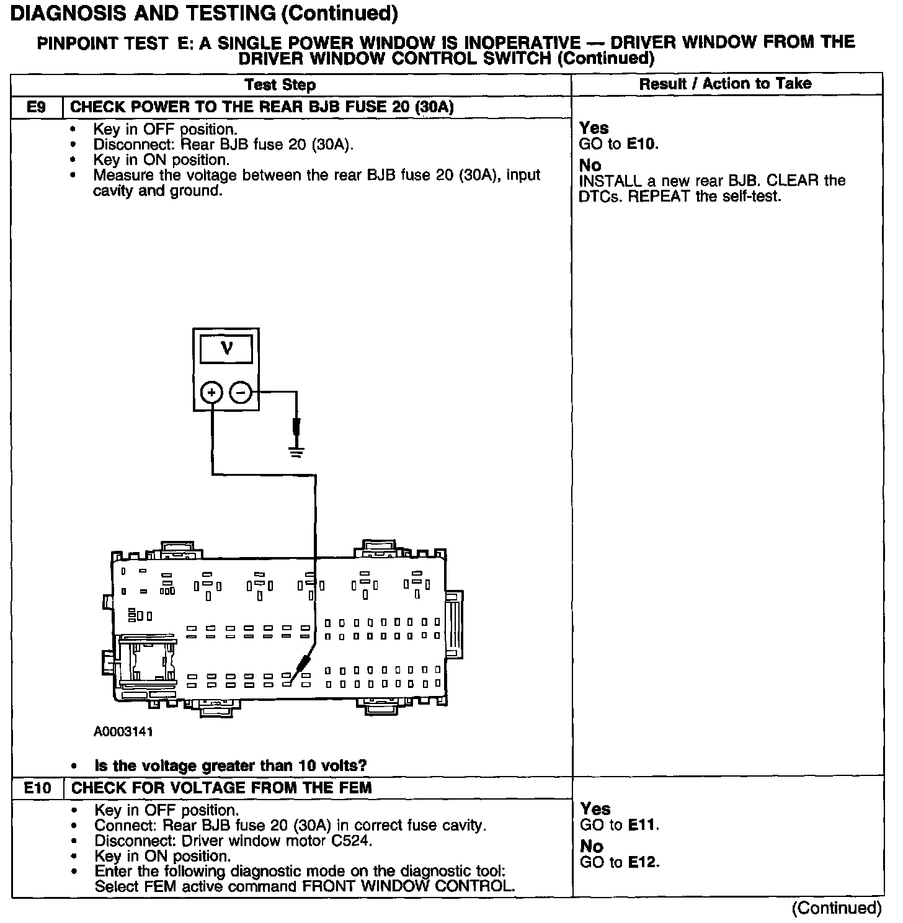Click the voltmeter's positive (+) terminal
[x=212, y=392]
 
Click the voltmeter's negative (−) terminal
[x=241, y=392]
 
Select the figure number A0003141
[x=123, y=731]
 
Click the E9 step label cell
[x=36, y=107]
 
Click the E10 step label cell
[x=37, y=788]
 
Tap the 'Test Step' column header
[x=280, y=85]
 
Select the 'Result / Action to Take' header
[x=725, y=84]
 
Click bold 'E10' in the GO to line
[x=642, y=145]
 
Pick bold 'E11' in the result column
[x=643, y=825]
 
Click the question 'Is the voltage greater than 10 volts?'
[x=230, y=766]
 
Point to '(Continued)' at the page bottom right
[x=836, y=908]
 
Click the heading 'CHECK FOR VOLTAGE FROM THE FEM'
[x=221, y=788]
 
